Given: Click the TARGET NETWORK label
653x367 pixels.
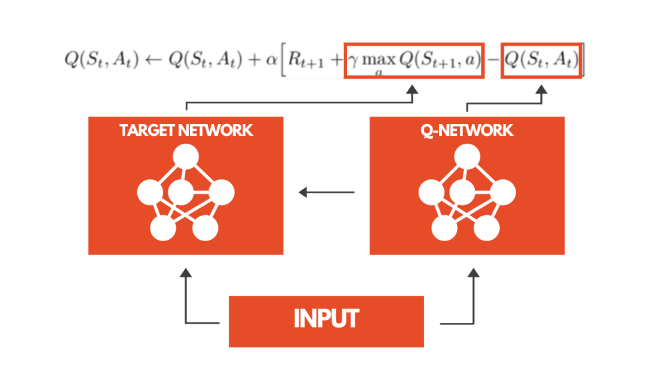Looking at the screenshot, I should (187, 130).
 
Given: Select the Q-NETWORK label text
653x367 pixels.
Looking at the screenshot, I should (467, 130).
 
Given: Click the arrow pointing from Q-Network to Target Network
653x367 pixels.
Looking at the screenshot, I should (326, 193).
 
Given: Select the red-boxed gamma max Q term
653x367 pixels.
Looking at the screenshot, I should (414, 61).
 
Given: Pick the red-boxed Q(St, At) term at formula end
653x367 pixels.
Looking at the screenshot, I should (541, 60).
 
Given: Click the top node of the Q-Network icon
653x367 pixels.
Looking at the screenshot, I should (466, 157).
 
